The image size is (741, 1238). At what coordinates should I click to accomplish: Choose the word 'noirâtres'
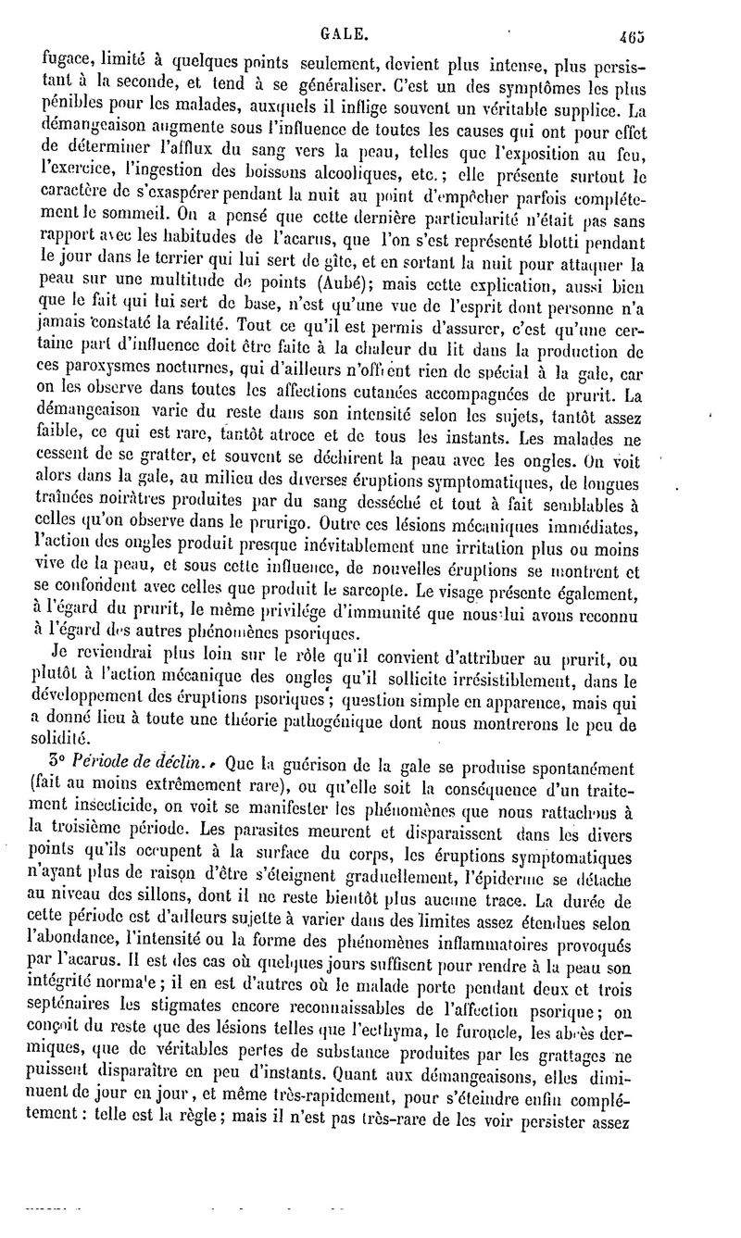[x=135, y=498]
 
